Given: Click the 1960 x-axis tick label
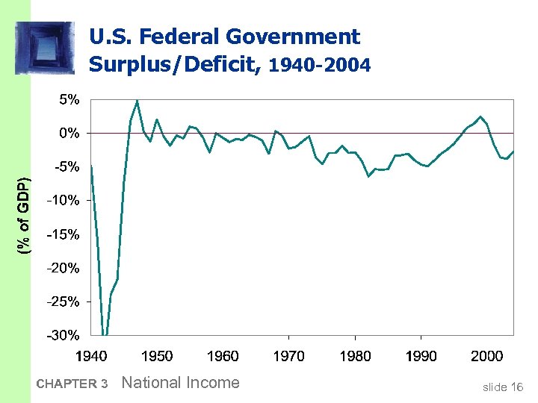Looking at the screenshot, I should click(x=223, y=356).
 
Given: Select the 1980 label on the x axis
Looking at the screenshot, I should click(x=355, y=356).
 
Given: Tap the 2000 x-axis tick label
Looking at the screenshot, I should click(x=486, y=356).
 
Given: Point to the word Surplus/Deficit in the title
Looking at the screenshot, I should click(x=171, y=64).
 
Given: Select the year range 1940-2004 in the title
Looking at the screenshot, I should click(x=319, y=66).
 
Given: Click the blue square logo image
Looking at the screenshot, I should click(x=45, y=48).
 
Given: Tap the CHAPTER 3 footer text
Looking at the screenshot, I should click(x=72, y=384).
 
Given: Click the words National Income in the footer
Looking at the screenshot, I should click(x=180, y=383).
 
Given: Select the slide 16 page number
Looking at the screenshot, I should click(x=502, y=387).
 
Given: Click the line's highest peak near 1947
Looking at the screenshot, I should click(x=137, y=101).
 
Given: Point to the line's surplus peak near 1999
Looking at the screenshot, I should click(x=481, y=116).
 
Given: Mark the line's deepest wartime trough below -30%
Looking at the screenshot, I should click(x=105, y=334).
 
